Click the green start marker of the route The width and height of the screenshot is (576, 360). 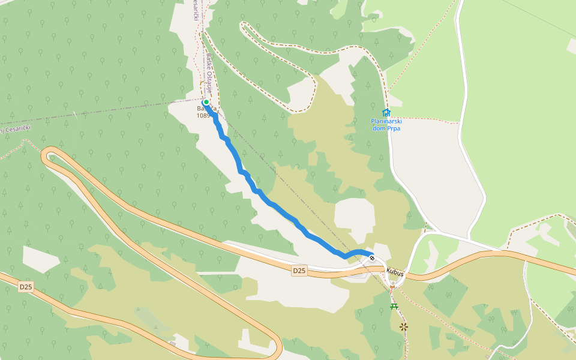[206, 103]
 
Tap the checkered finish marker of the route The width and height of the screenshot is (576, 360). [372, 258]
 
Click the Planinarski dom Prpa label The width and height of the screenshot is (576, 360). [385, 124]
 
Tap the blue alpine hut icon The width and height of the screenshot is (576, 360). [386, 112]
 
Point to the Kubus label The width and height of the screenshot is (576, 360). [395, 272]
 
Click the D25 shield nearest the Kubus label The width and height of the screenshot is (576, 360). [299, 271]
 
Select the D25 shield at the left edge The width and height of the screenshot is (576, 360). [25, 287]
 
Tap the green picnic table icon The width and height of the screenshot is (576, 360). [394, 306]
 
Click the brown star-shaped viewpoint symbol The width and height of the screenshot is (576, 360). [404, 326]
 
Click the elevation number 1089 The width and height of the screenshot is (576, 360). [203, 115]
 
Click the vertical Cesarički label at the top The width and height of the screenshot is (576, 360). [196, 10]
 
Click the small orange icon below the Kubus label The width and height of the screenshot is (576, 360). [392, 287]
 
